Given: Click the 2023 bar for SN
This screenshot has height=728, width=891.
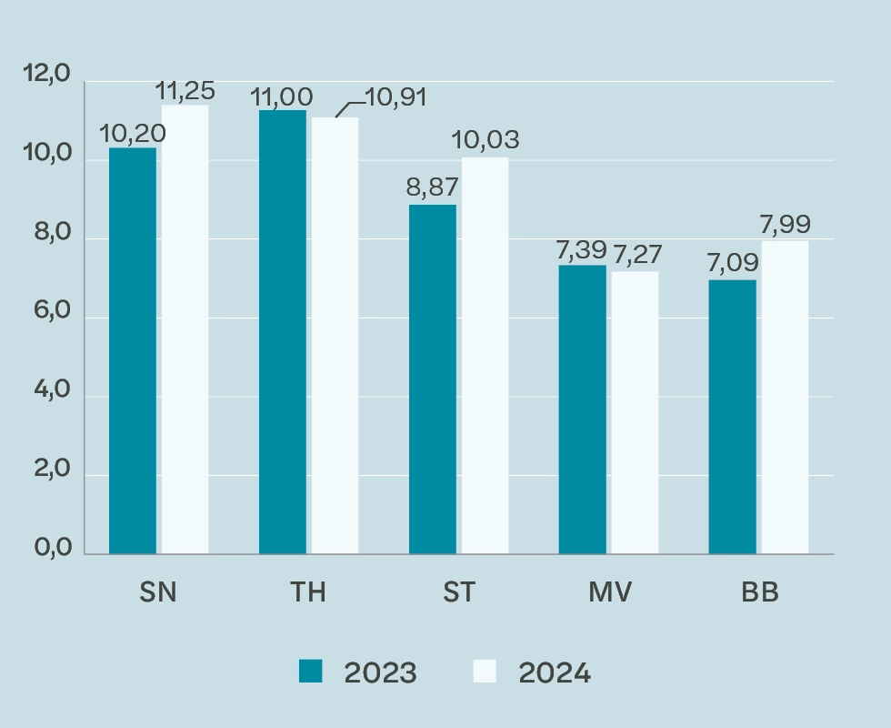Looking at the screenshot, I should tap(133, 350).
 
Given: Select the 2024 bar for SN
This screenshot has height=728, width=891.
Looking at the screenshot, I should tap(185, 329).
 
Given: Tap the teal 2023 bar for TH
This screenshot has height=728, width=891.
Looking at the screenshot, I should tap(283, 332).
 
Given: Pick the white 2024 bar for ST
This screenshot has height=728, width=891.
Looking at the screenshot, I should tap(485, 356).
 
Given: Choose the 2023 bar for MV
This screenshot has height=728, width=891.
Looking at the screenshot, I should tap(582, 409).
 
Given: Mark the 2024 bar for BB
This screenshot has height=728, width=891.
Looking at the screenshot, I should tap(785, 397).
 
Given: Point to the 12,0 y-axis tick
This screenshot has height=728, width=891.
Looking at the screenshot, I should tap(46, 74).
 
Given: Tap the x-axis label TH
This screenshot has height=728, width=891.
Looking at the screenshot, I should tap(308, 592).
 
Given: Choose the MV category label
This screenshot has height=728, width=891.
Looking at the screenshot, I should tap(608, 592).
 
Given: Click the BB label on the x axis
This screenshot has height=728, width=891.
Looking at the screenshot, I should tap(759, 592).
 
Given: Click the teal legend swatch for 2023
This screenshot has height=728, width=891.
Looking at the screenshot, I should tap(311, 672).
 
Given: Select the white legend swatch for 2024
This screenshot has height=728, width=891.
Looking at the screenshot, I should tap(486, 672).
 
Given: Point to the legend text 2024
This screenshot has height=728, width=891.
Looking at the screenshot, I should tap(555, 673).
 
